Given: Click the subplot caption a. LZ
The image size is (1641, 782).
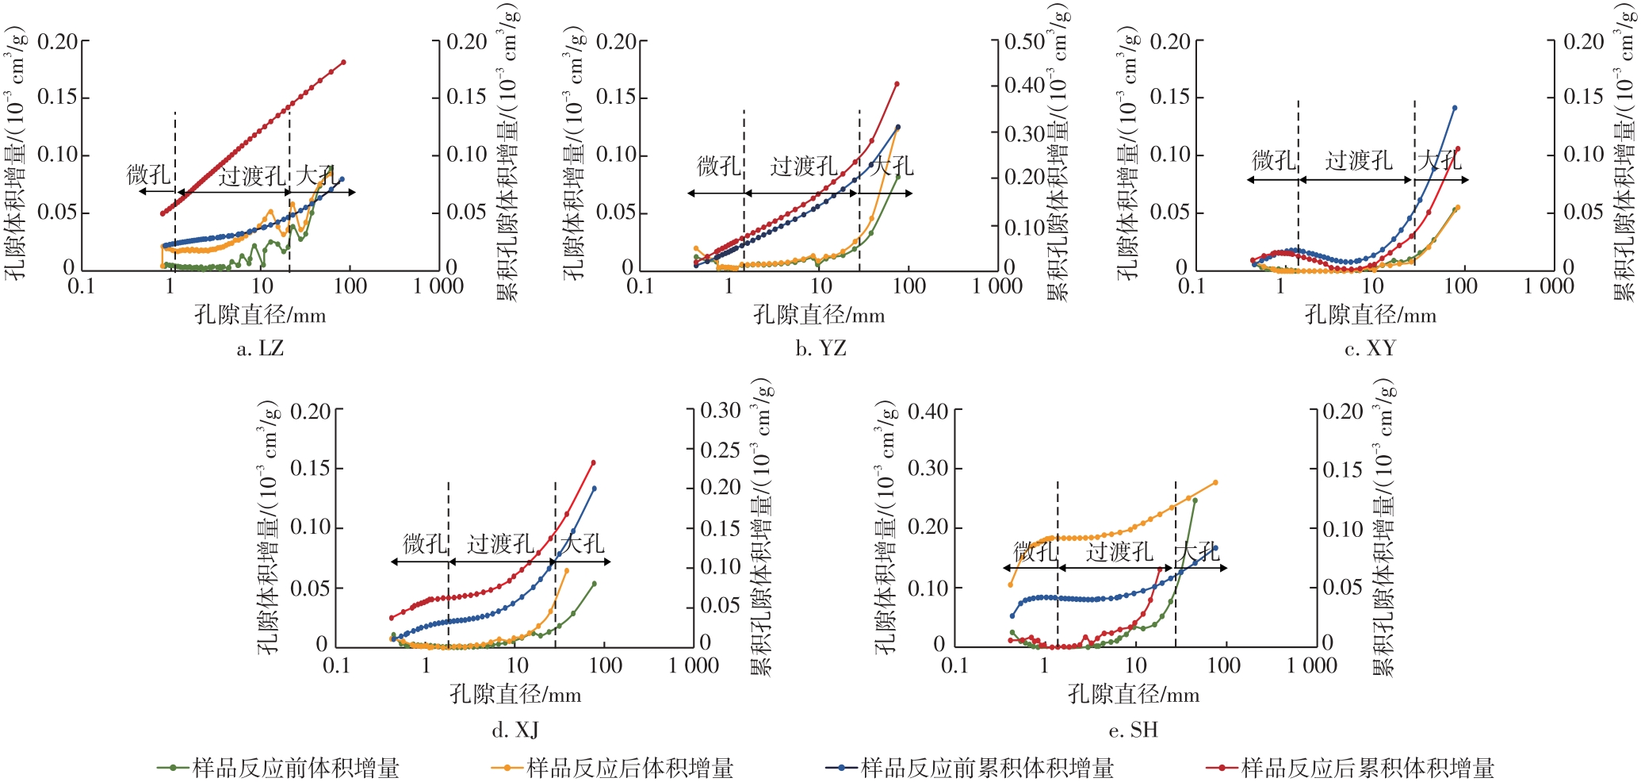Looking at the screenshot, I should tap(260, 348).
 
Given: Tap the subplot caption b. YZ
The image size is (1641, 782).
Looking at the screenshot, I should tap(820, 348).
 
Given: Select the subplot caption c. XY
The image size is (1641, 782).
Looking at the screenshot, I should tap(1370, 348).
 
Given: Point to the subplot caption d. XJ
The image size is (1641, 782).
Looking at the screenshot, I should tap(515, 730).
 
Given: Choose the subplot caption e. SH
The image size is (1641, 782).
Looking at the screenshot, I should tap(1134, 730).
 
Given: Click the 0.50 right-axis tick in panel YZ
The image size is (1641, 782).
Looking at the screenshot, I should tap(1025, 41).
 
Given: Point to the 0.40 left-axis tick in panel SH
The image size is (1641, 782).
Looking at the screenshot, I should tap(928, 411).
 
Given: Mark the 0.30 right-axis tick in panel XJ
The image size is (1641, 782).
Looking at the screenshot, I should tap(720, 411).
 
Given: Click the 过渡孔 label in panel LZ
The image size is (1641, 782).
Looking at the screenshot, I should tap(252, 176).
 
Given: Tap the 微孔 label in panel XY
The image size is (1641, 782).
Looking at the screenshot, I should tap(1274, 161).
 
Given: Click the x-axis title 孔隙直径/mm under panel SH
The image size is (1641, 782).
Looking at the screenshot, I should tap(1134, 695).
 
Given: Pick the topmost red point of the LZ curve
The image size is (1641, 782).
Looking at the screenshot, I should tap(343, 62).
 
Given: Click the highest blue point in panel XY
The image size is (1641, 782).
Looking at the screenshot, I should tap(1454, 108).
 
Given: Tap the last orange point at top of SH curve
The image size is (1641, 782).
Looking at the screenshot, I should tap(1215, 482).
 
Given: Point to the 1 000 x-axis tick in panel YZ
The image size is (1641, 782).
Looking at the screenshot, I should tap(997, 286).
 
